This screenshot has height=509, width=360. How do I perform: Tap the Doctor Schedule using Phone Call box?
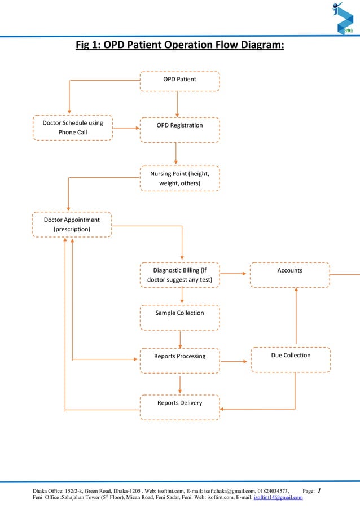73,128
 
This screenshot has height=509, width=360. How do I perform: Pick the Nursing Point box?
179,178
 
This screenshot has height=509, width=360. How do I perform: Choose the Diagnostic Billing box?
179,275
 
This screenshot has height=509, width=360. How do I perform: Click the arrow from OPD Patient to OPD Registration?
177,104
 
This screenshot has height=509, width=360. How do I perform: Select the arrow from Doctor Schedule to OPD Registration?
126,128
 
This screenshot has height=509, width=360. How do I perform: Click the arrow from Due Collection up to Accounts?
296,316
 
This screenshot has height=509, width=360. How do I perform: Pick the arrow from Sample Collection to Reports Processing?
181,339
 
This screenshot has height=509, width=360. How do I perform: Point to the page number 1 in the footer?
319,490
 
